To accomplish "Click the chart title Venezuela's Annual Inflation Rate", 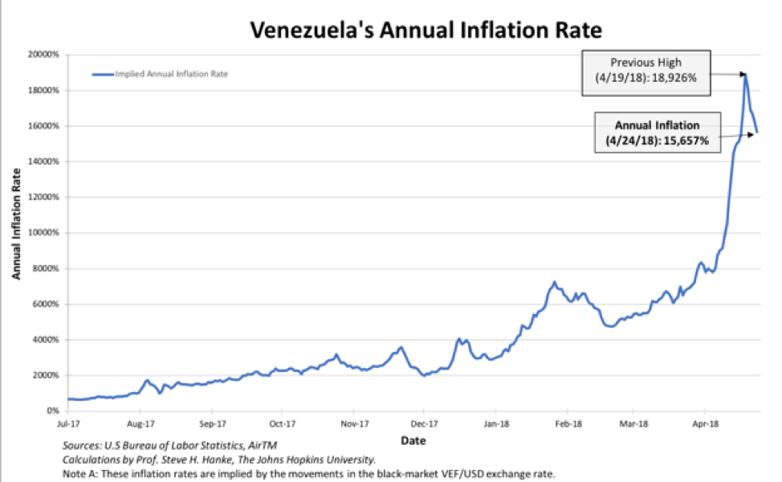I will point(425,31).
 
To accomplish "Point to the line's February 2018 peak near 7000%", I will point(554,283).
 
